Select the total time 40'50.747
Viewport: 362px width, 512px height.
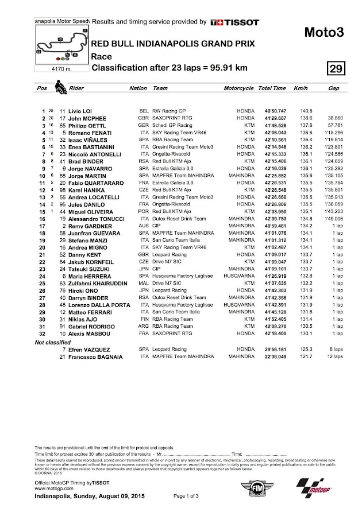(271, 110)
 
